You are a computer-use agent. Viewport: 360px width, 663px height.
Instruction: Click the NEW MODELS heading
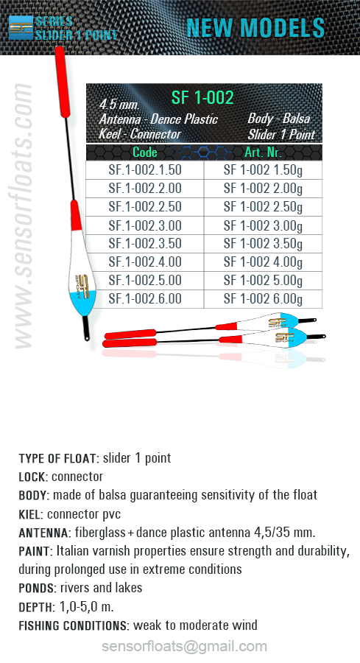pos(255,28)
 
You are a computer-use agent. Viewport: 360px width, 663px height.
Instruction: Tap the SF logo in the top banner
pos(21,28)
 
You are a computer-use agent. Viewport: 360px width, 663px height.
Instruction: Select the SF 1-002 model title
pos(202,98)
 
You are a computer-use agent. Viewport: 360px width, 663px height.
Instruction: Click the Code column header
pos(145,152)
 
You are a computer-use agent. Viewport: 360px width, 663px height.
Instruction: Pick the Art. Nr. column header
pos(263,152)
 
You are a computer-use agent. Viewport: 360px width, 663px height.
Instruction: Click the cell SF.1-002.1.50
pos(145,170)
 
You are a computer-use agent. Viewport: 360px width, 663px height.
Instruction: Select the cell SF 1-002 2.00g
pos(263,189)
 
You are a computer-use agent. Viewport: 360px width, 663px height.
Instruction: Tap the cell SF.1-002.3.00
pos(145,225)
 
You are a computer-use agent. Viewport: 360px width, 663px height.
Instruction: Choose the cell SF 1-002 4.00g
pos(263,262)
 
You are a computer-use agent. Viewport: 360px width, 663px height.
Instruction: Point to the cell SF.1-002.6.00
pos(145,298)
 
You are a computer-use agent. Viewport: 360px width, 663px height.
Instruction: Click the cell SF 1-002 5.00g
pos(263,281)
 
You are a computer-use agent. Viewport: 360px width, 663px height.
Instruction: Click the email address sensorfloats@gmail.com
pos(184,647)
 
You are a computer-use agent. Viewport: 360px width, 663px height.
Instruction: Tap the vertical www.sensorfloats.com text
pos(24,216)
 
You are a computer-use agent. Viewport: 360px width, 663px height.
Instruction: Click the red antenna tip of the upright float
pos(62,82)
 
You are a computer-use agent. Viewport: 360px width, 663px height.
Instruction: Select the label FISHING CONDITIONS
pos(74,625)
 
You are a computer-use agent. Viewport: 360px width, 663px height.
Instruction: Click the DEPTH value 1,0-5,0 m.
pos(87,607)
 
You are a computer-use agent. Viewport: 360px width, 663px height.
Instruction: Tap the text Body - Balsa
pos(279,119)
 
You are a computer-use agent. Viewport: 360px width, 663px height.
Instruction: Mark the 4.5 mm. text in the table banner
pos(119,104)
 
